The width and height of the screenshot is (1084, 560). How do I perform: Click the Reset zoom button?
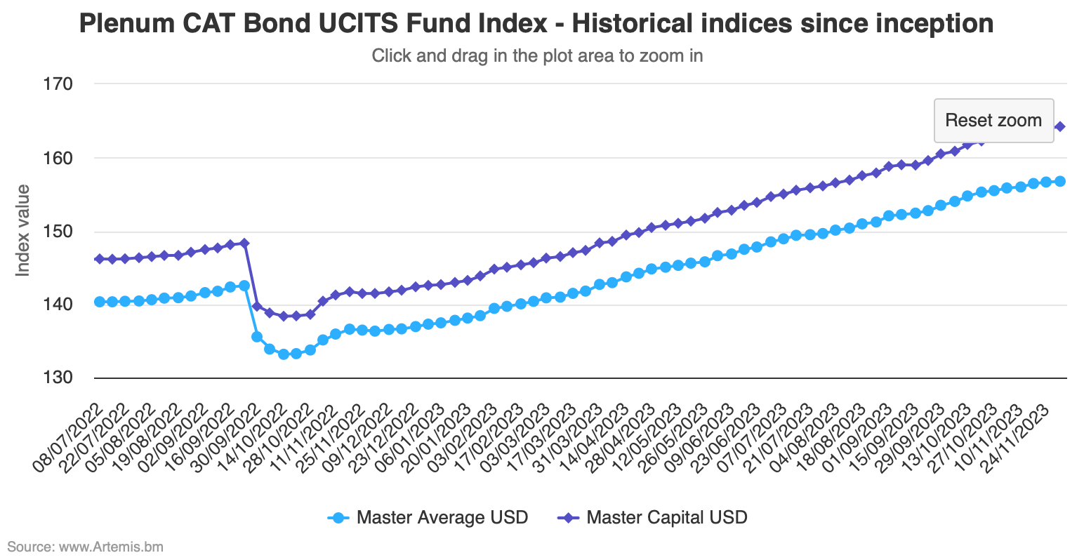(x=993, y=121)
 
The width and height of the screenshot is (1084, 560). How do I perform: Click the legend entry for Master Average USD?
(x=428, y=518)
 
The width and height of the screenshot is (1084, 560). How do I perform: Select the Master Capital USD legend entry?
(x=653, y=518)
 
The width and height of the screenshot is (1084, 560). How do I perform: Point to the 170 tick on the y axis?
(x=58, y=84)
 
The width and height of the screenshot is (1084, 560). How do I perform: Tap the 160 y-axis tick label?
(x=58, y=158)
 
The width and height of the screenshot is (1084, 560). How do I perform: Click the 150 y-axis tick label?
(x=58, y=232)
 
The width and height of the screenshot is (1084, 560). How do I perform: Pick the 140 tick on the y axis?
(x=58, y=305)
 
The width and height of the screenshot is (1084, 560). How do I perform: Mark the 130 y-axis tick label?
(x=58, y=378)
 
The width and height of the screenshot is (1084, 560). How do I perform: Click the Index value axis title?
(x=23, y=231)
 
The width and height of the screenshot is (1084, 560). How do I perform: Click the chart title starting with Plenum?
(x=536, y=24)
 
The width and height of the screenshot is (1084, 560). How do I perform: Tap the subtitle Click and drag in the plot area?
(x=537, y=55)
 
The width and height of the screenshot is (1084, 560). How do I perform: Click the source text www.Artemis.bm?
(x=85, y=546)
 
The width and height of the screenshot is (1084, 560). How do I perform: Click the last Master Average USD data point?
(x=1059, y=181)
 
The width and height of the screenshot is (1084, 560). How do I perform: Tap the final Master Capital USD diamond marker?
(x=1059, y=126)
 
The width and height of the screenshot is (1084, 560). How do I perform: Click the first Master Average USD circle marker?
(x=99, y=302)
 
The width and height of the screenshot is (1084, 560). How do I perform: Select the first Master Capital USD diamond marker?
(x=99, y=259)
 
